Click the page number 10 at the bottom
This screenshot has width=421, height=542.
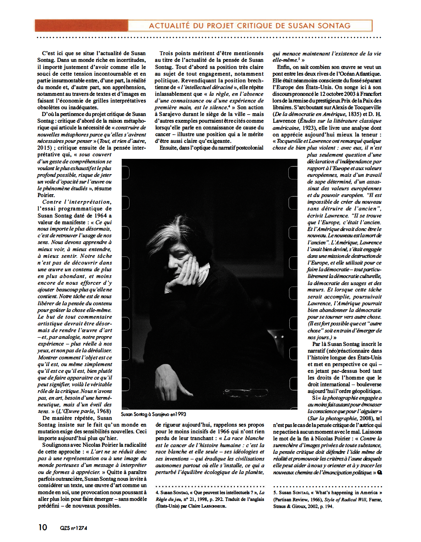[x=42, y=527]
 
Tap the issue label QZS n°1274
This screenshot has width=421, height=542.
[x=74, y=528]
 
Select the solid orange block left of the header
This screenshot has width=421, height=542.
[x=81, y=25]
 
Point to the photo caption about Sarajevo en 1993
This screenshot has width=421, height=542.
[x=153, y=414]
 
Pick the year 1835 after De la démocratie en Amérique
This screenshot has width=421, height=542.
[x=354, y=114]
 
